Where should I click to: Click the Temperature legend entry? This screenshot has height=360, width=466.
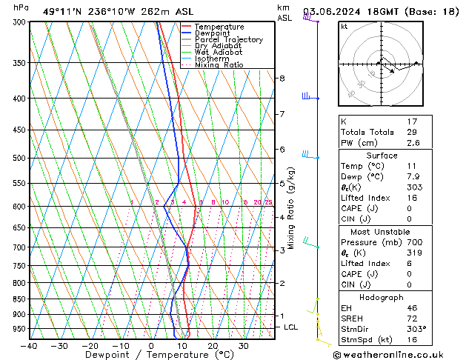219,27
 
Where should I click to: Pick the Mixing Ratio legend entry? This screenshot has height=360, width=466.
219,65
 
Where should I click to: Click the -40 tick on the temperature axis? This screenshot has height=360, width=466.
29,346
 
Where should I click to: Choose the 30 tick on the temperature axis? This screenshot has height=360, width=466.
243,346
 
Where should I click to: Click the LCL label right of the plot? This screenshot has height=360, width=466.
291,327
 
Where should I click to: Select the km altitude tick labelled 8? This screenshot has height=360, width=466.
282,78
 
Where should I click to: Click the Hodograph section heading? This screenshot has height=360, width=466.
382,297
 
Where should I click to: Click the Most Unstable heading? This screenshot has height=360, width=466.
382,231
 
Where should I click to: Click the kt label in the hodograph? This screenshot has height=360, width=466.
344,26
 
